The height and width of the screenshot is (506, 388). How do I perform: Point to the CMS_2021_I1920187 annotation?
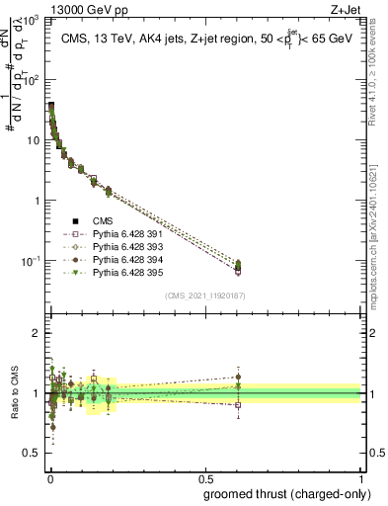click(204, 295)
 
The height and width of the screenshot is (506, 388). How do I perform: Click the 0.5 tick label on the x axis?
click(205, 477)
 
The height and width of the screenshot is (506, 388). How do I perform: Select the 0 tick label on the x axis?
click(49, 477)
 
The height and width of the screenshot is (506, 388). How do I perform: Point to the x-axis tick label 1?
click(361, 477)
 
